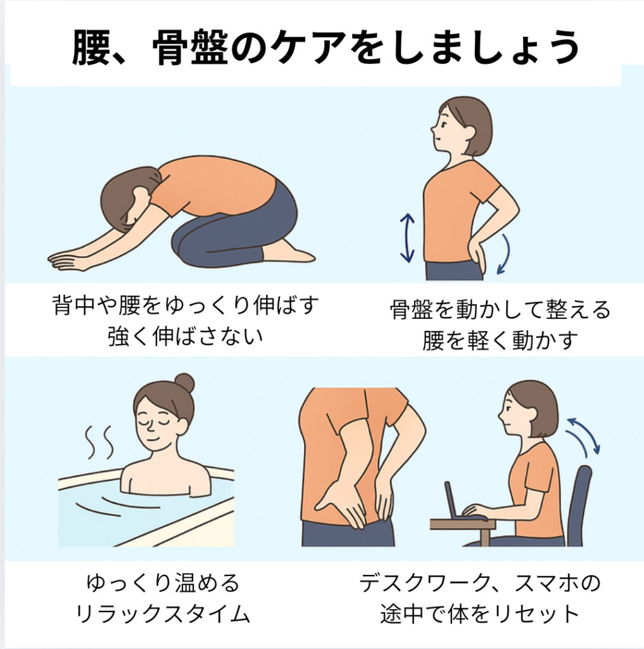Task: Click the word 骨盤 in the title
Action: pos(190,47)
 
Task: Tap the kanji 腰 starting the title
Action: pos(91,47)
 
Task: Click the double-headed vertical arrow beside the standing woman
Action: pos(407,238)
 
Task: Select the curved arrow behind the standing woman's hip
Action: pos(505,254)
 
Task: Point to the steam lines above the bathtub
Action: pos(99,442)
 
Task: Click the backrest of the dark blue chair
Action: pos(580,505)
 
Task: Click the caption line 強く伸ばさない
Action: pos(186,336)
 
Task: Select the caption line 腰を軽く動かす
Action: pos(500,340)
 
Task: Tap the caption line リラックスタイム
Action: pos(163,613)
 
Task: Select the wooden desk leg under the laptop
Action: pos(485,537)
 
